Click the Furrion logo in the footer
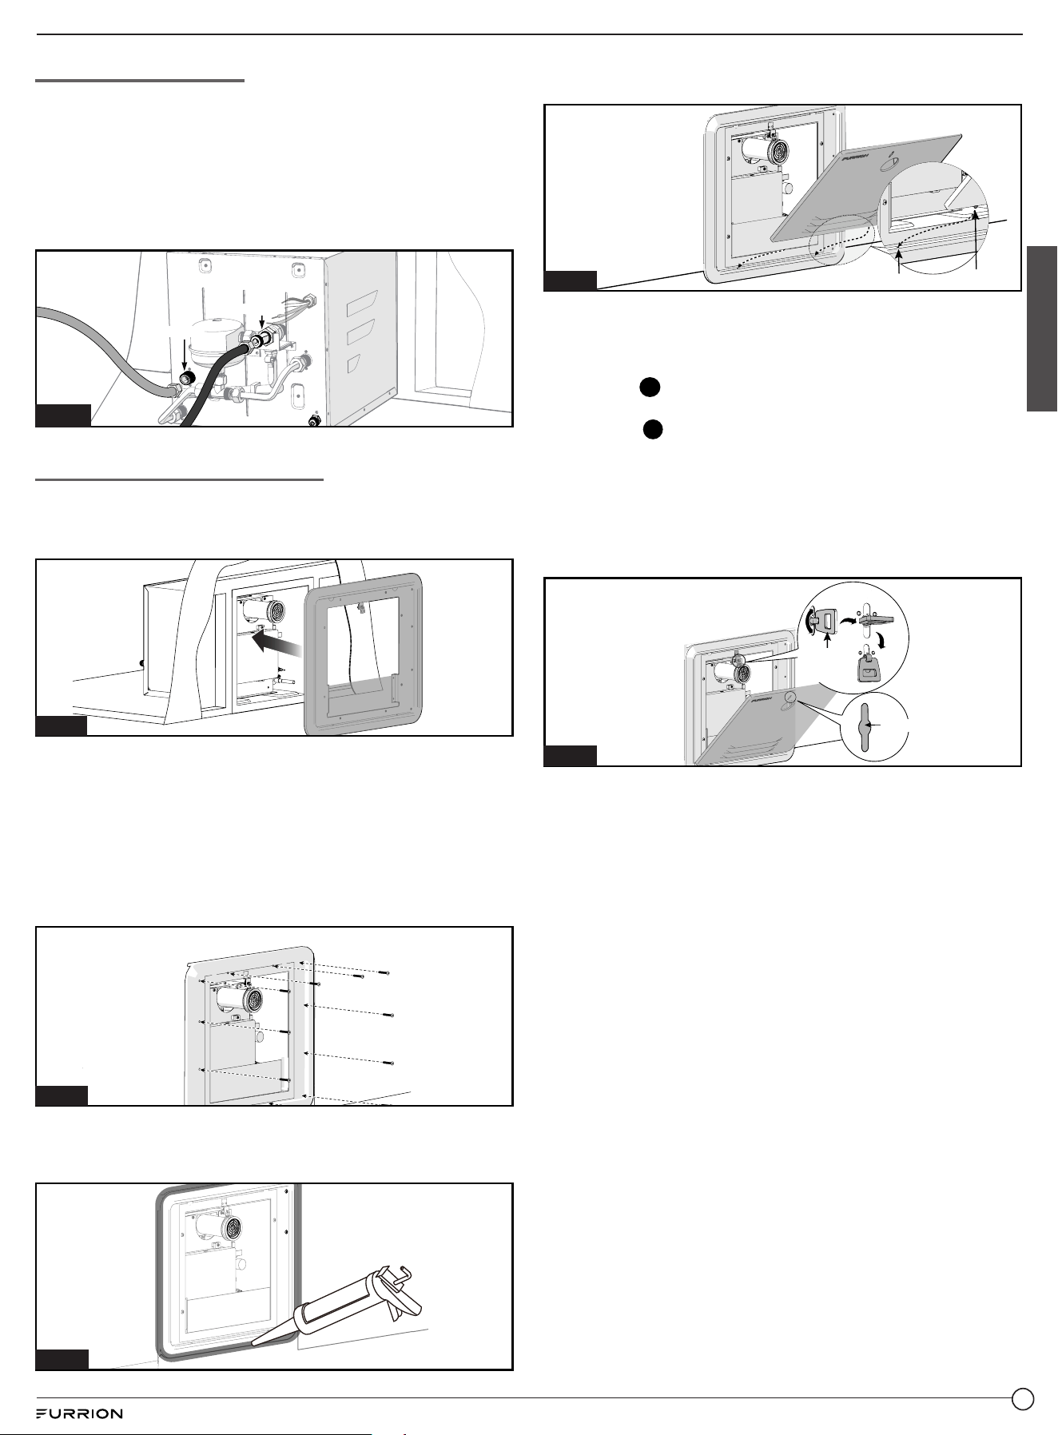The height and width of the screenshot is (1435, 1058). click(79, 1413)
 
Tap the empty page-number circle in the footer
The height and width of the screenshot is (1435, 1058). click(1022, 1398)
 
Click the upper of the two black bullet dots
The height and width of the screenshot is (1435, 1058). click(649, 387)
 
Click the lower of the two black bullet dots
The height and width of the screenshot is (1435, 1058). click(653, 429)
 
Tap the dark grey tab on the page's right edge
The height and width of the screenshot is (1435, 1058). click(1042, 328)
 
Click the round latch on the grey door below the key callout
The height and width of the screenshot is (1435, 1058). click(790, 697)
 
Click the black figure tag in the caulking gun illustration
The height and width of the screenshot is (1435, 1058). click(62, 1360)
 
